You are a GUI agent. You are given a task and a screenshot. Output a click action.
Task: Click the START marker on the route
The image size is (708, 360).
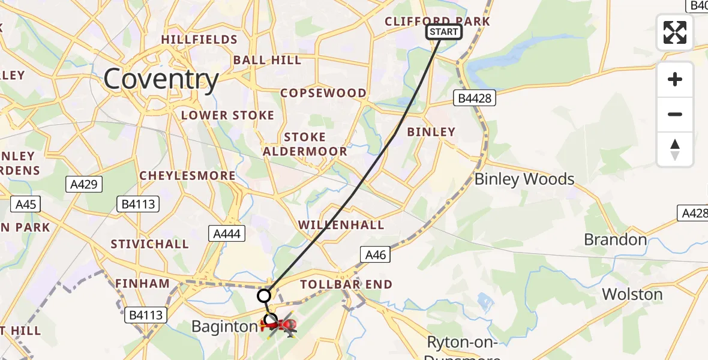pyautogui.click(x=444, y=32)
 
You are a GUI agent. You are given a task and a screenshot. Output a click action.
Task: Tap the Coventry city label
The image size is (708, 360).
pyautogui.click(x=161, y=79)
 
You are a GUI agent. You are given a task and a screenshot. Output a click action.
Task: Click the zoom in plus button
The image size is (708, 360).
pyautogui.click(x=675, y=80)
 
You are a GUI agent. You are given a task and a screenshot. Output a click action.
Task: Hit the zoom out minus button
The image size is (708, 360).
pyautogui.click(x=675, y=114)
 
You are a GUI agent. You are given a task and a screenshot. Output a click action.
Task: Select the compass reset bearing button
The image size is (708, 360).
pyautogui.click(x=675, y=149)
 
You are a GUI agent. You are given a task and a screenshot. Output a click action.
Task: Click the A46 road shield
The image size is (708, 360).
pyautogui.click(x=376, y=254)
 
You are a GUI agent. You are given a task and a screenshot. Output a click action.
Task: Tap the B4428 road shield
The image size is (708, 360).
pyautogui.click(x=474, y=98)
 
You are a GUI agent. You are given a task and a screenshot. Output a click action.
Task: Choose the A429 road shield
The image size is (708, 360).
pyautogui.click(x=83, y=184)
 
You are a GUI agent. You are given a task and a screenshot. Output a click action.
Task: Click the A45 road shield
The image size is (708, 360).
pyautogui.click(x=26, y=205)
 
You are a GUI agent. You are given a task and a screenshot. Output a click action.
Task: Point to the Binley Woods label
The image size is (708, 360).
pyautogui.click(x=524, y=179)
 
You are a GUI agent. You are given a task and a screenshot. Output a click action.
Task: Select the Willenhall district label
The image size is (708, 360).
pyautogui.click(x=341, y=225)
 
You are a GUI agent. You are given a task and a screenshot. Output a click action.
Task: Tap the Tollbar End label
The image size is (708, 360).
pyautogui.click(x=346, y=284)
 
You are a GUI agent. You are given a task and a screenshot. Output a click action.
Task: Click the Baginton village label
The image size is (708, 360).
pyautogui.click(x=224, y=327)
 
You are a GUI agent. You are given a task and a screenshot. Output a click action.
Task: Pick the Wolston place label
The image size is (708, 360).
pyautogui.click(x=632, y=294)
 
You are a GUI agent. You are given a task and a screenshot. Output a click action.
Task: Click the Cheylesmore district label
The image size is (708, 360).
pyautogui.click(x=187, y=176)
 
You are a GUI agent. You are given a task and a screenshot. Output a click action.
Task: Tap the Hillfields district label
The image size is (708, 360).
pyautogui.click(x=199, y=40)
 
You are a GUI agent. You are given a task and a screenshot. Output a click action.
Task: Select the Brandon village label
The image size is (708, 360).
pyautogui.click(x=615, y=240)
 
